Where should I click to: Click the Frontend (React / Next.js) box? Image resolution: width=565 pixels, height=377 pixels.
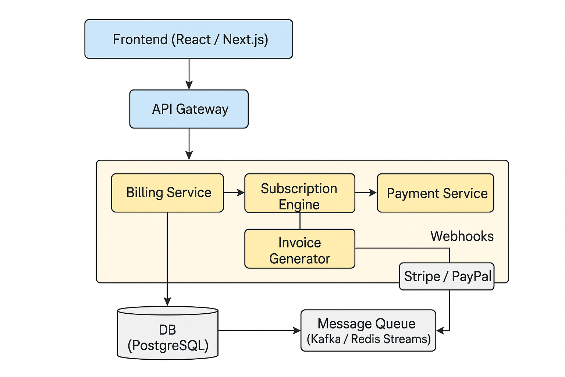pyautogui.click(x=188, y=39)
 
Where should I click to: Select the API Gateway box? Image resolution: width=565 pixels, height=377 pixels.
pyautogui.click(x=189, y=109)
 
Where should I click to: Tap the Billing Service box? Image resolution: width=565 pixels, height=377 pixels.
pyautogui.click(x=167, y=193)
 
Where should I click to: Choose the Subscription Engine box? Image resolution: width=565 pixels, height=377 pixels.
pyautogui.click(x=299, y=193)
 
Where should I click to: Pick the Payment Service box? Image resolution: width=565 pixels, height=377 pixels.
pyautogui.click(x=435, y=193)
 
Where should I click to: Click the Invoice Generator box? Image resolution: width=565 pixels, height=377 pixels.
pyautogui.click(x=299, y=249)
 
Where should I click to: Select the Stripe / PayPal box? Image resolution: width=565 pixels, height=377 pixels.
pyautogui.click(x=447, y=276)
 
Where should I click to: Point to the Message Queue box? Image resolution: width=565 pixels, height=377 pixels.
pyautogui.click(x=368, y=331)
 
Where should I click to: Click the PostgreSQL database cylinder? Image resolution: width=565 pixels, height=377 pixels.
pyautogui.click(x=168, y=333)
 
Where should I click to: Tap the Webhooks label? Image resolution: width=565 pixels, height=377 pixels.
pyautogui.click(x=462, y=236)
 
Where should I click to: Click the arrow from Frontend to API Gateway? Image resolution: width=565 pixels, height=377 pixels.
pyautogui.click(x=189, y=74)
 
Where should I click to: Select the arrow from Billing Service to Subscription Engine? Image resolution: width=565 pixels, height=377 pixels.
pyautogui.click(x=234, y=193)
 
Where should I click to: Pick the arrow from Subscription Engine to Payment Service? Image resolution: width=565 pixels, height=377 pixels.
pyautogui.click(x=366, y=193)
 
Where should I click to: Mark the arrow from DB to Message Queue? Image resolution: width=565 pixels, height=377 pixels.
pyautogui.click(x=259, y=331)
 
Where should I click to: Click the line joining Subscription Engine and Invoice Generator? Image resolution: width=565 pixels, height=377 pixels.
pyautogui.click(x=300, y=221)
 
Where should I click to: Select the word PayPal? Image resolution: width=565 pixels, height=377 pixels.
pyautogui.click(x=472, y=276)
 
